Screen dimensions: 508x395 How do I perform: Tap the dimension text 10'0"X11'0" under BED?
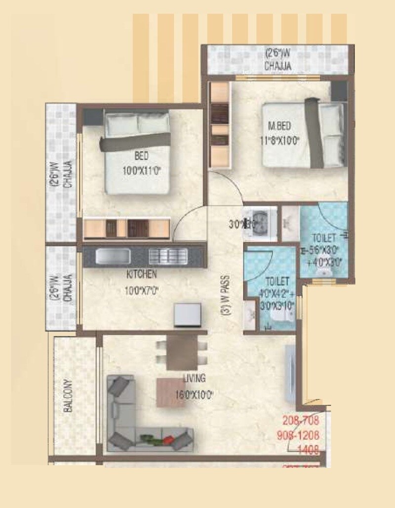click(142, 173)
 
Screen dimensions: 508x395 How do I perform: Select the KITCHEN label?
click(142, 274)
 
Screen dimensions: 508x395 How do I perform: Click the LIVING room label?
click(194, 379)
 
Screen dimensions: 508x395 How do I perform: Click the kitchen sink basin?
click(113, 256)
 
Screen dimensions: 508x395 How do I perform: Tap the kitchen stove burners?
click(168, 256)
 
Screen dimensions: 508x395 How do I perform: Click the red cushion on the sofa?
click(168, 439)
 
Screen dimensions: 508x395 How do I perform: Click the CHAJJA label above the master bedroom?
click(277, 66)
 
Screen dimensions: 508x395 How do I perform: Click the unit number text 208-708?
click(301, 421)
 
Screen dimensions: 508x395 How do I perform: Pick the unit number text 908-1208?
click(301, 435)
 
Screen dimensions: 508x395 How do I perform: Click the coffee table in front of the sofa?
click(170, 392)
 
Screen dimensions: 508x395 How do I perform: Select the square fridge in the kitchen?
click(188, 314)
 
